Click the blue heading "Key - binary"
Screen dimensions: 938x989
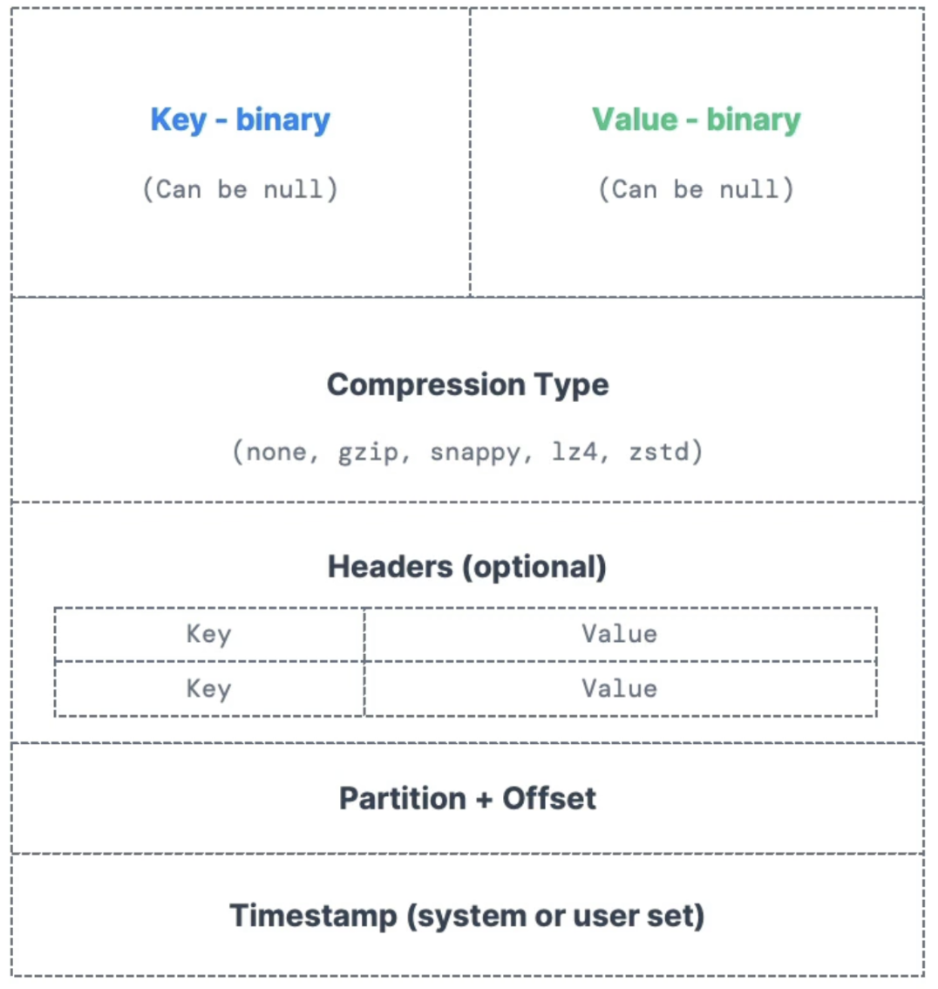240,119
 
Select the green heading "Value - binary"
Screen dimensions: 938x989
697,119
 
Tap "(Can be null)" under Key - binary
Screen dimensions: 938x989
240,189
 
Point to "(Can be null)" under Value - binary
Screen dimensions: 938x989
697,189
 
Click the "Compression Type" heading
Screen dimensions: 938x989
467,385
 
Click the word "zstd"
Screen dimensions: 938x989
660,452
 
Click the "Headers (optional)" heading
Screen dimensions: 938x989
467,567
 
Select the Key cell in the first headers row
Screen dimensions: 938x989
209,634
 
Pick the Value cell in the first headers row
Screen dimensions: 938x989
620,634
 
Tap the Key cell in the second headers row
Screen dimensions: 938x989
209,689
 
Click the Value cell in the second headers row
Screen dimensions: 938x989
620,689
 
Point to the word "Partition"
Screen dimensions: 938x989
402,799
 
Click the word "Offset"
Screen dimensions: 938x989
549,799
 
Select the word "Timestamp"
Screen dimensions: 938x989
312,916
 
